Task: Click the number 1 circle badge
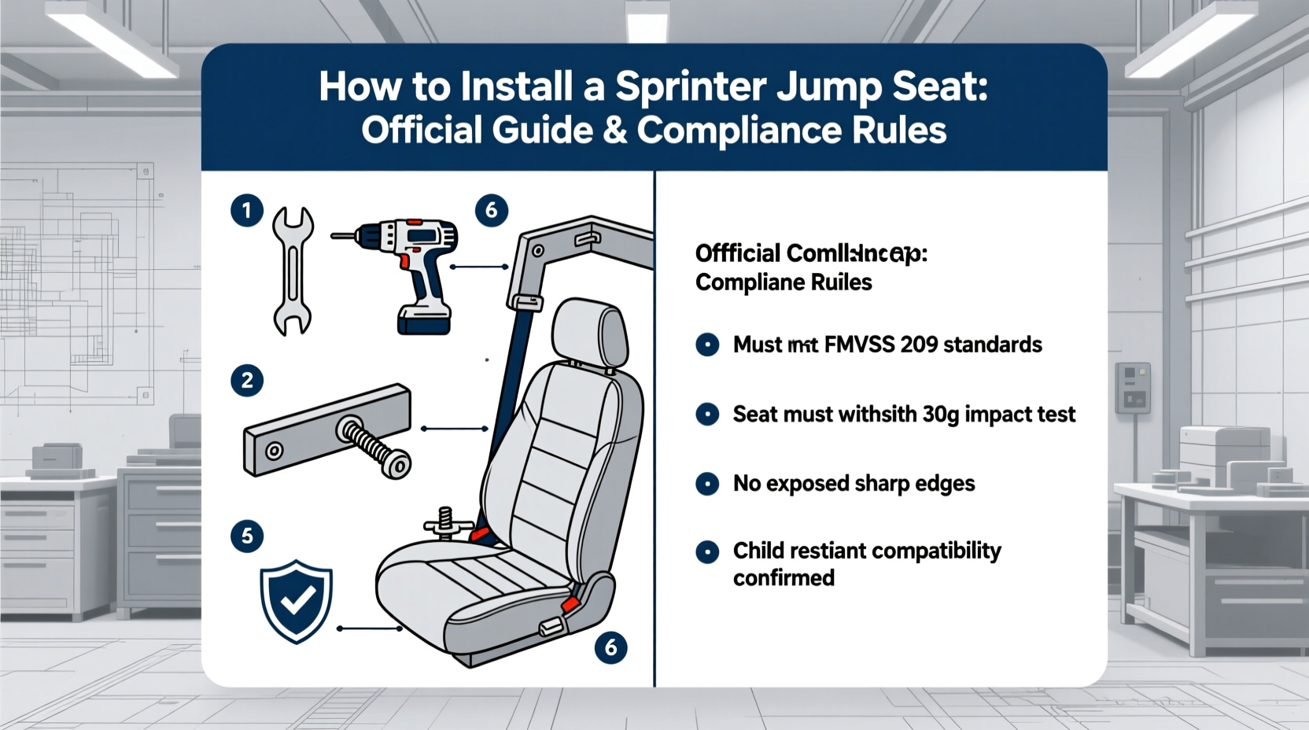coord(247,211)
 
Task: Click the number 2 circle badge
coord(247,381)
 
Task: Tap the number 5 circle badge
coord(247,536)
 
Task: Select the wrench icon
coord(293,271)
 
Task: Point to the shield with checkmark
coord(296,601)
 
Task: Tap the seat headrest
coord(590,331)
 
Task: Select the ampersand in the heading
coord(615,131)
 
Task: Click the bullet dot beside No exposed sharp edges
coord(707,483)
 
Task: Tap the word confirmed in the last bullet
coord(784,578)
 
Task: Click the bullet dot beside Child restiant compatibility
coord(707,551)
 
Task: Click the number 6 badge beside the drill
coord(492,210)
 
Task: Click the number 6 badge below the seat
coord(610,647)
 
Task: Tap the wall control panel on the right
coord(1133,388)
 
